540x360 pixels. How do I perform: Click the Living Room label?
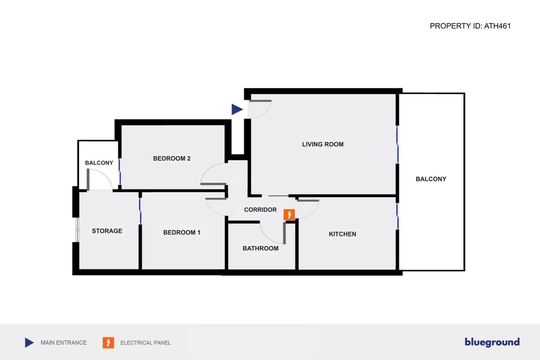point(323,144)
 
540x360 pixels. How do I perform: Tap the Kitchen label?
point(342,234)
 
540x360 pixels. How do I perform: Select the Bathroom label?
point(260,248)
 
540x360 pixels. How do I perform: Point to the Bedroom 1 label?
point(182,232)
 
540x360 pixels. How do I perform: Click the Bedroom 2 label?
point(172,158)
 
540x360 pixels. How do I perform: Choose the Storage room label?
point(107,231)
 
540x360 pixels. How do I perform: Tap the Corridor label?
point(260,210)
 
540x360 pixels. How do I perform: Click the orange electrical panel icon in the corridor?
point(289,215)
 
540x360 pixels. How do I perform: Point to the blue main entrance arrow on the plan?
point(237,109)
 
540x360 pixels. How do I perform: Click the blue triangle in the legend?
point(29,343)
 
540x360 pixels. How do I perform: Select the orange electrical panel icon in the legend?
point(108,343)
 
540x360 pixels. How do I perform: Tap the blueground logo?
point(492,342)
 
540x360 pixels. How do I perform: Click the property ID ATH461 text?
point(470,26)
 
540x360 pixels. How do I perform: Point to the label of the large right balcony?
point(431,179)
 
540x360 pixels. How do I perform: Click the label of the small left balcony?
point(99,163)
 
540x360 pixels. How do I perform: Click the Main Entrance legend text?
point(64,343)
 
